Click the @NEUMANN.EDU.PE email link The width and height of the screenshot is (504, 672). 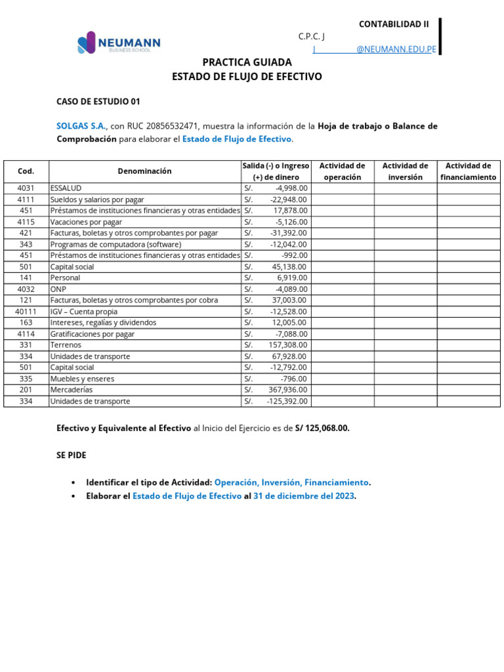tap(396, 49)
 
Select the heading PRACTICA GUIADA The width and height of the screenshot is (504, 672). tap(247, 63)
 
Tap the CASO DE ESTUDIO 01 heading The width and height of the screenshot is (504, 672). tap(98, 102)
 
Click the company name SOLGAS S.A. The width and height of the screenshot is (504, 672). tap(81, 126)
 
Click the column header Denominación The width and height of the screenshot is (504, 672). tap(144, 171)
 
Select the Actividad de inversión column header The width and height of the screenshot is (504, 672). tap(405, 171)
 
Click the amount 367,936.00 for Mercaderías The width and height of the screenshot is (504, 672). tap(289, 390)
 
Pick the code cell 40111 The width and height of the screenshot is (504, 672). tap(26, 312)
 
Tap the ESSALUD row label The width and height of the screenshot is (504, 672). tap(66, 188)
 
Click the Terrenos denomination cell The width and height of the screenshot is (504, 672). tap(64, 345)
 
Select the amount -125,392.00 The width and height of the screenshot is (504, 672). tap(287, 401)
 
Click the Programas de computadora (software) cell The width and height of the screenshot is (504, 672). tap(115, 244)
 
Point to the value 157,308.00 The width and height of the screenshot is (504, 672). tap(288, 345)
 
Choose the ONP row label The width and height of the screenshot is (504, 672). tap(58, 289)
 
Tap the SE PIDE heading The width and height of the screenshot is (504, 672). tap(71, 455)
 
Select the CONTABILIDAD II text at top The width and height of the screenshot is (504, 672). tap(394, 24)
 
